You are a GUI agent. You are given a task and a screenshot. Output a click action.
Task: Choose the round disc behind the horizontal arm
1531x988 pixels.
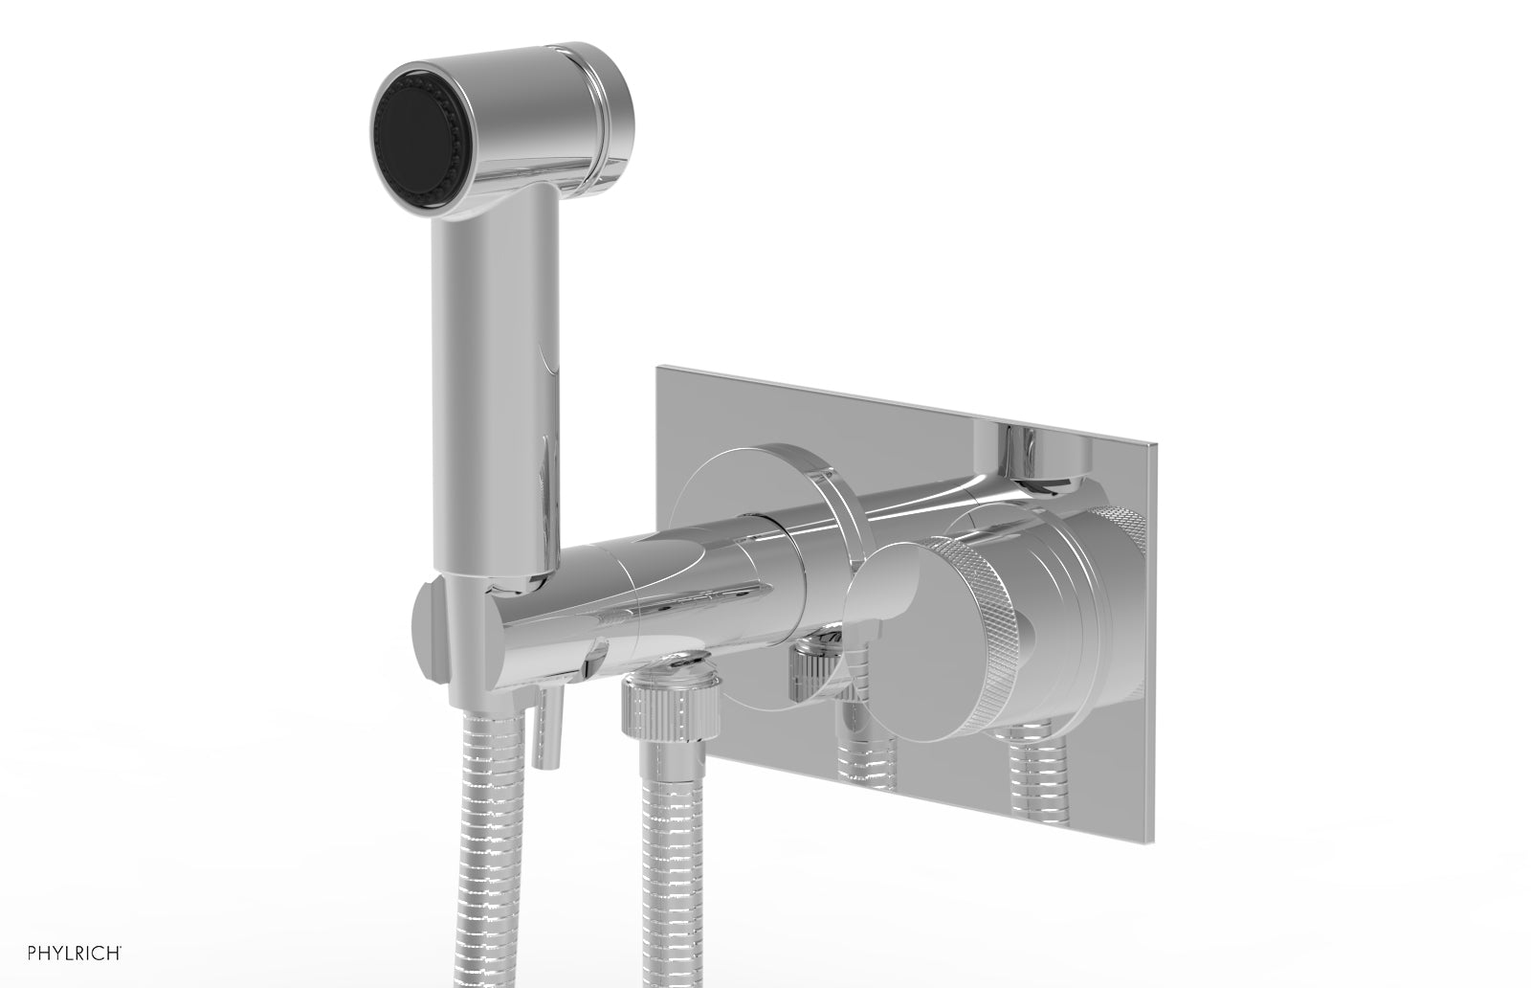756,479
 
